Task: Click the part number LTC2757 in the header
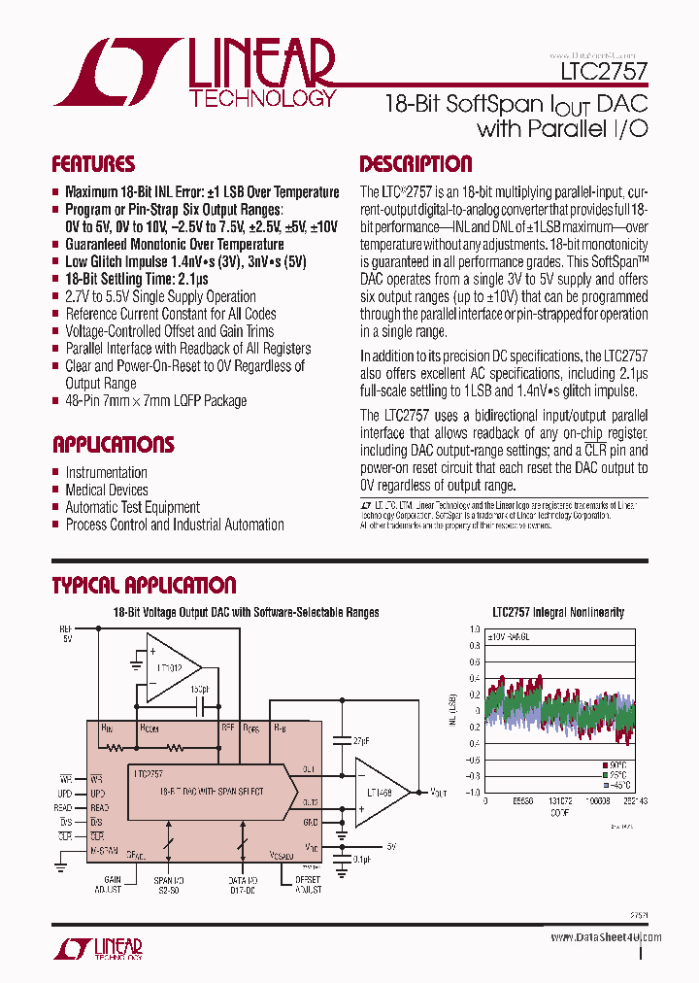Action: (602, 72)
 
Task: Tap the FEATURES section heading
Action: (93, 163)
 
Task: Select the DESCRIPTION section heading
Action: (416, 163)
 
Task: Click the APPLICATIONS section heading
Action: (113, 445)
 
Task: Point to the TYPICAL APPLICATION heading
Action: (144, 585)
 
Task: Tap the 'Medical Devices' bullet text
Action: (106, 490)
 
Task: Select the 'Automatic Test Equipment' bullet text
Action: (132, 507)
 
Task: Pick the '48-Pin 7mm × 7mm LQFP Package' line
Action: (155, 400)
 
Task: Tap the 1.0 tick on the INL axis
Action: (474, 628)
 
